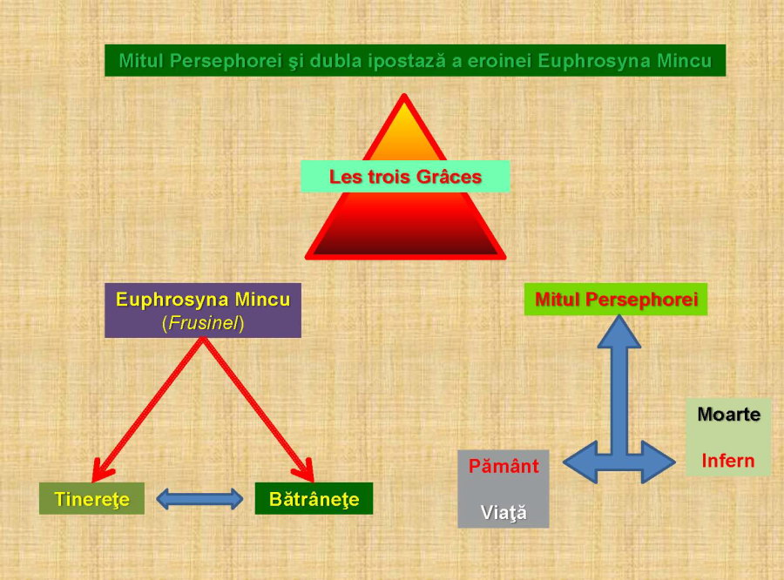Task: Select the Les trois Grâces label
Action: pos(405,177)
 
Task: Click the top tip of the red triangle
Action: pos(404,99)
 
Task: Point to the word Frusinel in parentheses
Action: pos(203,323)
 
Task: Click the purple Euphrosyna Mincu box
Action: pos(203,310)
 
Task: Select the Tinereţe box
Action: pos(91,499)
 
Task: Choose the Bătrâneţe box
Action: pos(314,499)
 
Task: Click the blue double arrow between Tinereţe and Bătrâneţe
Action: pos(199,499)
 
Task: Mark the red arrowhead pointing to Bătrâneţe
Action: pos(305,469)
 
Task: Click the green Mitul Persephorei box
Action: pos(617,300)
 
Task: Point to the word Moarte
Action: pos(728,415)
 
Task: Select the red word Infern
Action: pos(728,460)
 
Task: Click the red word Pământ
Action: pos(504,466)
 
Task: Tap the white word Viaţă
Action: pos(504,512)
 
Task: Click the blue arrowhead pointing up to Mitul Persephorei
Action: pos(618,331)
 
